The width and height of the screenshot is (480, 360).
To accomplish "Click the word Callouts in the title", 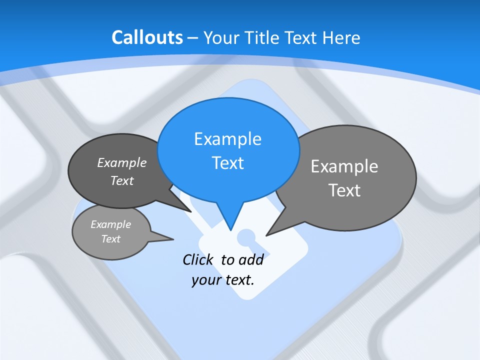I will click(x=147, y=37).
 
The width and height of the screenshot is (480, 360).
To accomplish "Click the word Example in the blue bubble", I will click(x=227, y=139).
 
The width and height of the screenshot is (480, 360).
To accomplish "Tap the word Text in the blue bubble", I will click(x=227, y=163).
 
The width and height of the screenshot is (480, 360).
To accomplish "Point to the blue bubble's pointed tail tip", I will click(x=230, y=230).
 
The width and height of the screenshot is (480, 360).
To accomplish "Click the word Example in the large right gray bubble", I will click(x=344, y=166).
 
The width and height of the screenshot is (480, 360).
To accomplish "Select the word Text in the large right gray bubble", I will click(x=344, y=190).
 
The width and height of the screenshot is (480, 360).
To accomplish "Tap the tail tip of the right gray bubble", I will click(x=266, y=235).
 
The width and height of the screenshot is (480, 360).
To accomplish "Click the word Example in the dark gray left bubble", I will click(x=122, y=162).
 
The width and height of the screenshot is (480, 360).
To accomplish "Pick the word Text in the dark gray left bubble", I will click(x=122, y=180).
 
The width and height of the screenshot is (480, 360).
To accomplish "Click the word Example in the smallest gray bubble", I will click(x=111, y=224).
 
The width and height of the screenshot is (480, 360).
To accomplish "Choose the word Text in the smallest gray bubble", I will click(x=111, y=239).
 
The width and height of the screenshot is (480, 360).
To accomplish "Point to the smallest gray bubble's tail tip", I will click(x=173, y=239).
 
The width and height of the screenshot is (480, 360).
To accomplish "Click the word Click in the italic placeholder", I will click(x=198, y=259).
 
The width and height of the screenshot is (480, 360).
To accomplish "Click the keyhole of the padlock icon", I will click(x=245, y=238).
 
